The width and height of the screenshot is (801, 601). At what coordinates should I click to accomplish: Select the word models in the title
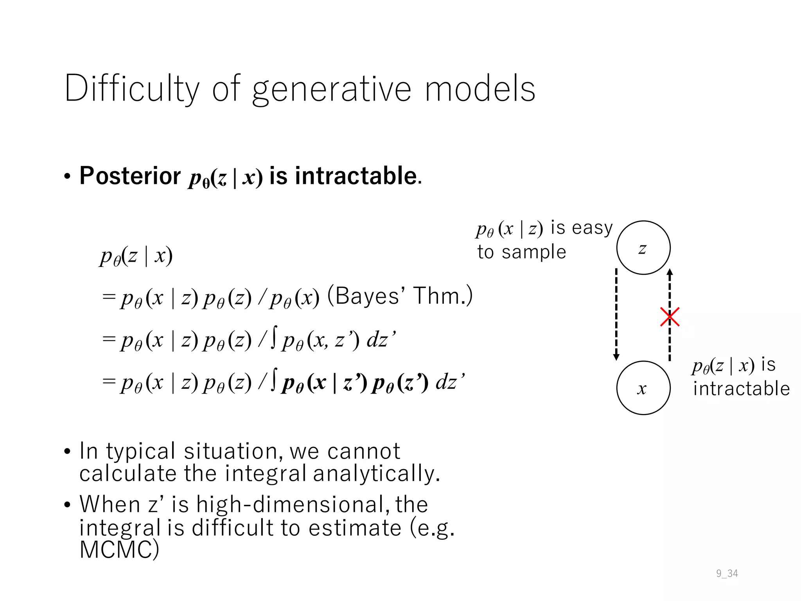pos(480,89)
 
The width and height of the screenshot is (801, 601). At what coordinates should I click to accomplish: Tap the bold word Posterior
pos(130,176)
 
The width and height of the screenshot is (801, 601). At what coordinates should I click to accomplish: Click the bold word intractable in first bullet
pos(356,176)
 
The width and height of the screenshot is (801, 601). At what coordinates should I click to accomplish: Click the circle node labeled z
pos(643,248)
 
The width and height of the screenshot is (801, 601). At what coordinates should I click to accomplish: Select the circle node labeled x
pos(643,388)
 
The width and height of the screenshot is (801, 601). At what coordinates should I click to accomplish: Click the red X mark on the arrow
pos(670,317)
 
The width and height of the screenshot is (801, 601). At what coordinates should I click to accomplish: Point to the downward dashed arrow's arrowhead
pos(616,357)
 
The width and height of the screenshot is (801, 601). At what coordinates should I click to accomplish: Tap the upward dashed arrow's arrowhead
pos(670,272)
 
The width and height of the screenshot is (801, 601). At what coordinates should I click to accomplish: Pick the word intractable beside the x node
pos(741,389)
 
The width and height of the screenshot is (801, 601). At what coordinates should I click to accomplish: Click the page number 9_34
pos(727,574)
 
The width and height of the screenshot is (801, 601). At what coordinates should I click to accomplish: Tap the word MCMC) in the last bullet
pos(119,550)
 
